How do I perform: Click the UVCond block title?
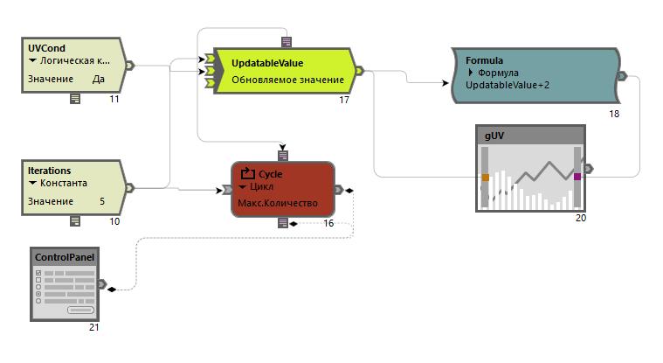coord(46,47)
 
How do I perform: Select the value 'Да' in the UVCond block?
coord(100,79)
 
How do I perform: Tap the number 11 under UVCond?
coord(114,100)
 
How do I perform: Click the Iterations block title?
coord(49,171)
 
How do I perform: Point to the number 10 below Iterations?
coord(114,222)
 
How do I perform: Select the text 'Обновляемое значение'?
coord(287,80)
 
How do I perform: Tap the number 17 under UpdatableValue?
coord(344,101)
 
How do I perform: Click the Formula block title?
coord(484,60)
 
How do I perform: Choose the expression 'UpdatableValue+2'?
coord(508,86)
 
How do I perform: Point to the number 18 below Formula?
coord(614,114)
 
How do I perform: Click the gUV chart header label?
coord(494,136)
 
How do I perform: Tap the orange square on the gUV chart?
coord(485,178)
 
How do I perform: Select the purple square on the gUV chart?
coord(577,177)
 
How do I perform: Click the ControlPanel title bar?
coord(64,257)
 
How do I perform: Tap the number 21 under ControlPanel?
coord(94,327)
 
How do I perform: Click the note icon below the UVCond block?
coord(75,99)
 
